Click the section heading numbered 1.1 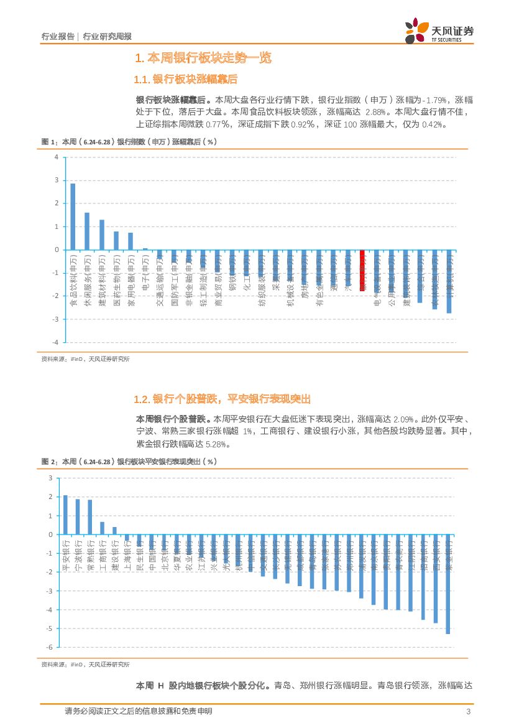[186, 80]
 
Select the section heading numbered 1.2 [222, 399]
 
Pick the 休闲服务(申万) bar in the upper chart [87, 231]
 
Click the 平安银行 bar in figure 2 [65, 515]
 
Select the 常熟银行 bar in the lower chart [89, 517]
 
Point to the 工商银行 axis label [102, 556]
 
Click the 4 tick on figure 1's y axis [56, 157]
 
